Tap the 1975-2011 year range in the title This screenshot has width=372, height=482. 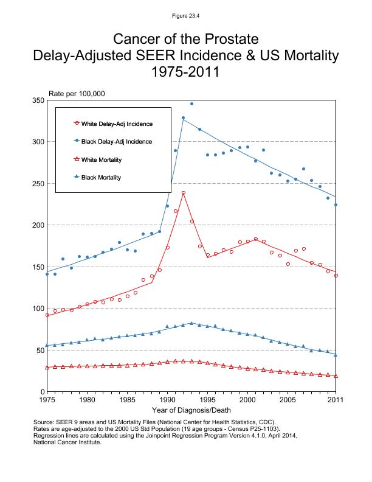pos(186,72)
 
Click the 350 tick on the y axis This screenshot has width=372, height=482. pos(38,100)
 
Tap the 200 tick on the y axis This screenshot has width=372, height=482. pos(38,225)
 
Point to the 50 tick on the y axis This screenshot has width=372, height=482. pos(40,350)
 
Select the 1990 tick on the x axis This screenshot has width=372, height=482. pos(167,400)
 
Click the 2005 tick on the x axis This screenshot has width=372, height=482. pos(287,400)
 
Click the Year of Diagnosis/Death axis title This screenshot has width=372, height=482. pos(191,410)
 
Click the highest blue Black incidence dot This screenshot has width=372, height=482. pos(191,104)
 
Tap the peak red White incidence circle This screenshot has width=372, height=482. pos(184,193)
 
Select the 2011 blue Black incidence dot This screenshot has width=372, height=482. pos(336,204)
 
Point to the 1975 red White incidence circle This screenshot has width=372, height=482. pos(47,315)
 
